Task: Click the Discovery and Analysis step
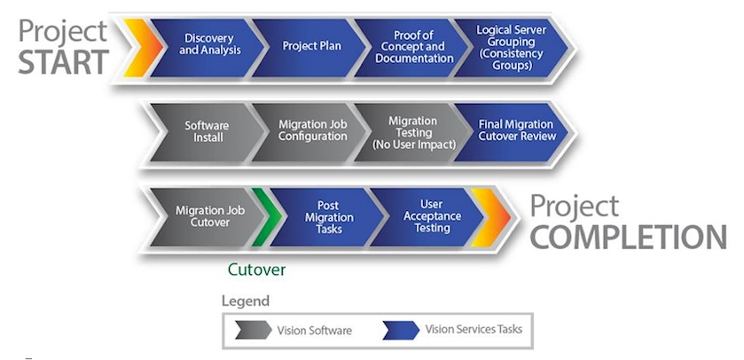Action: coord(209,45)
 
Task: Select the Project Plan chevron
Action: coord(311,45)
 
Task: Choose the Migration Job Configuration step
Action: coord(311,131)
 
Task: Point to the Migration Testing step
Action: coord(411,132)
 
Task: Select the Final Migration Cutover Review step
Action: coord(515,131)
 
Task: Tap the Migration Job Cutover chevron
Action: coord(208,216)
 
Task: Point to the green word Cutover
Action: coord(256,269)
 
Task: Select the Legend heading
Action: coord(245,301)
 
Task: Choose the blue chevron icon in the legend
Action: coord(400,331)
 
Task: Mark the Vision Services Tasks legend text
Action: coord(474,330)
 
